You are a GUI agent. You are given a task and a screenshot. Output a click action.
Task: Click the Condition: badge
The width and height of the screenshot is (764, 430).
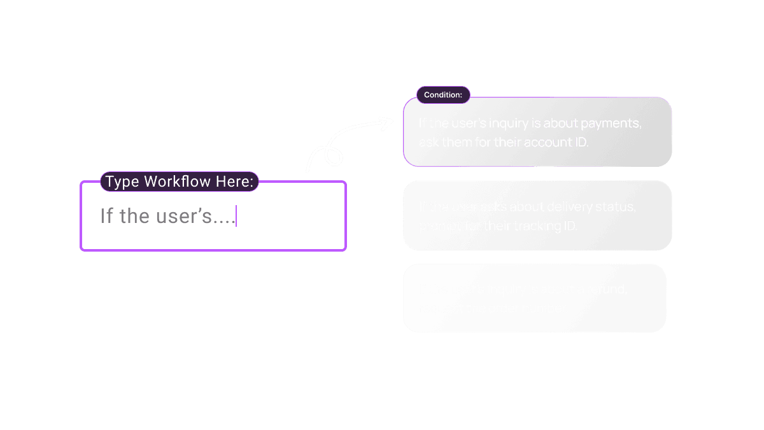pos(443,95)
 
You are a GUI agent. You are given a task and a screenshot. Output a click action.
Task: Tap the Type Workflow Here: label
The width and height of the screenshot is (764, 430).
pos(180,182)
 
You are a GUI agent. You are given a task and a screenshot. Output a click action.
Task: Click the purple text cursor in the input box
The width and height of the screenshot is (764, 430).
pos(236,216)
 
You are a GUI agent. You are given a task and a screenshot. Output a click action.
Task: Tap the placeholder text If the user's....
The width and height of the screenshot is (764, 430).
pos(167,217)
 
